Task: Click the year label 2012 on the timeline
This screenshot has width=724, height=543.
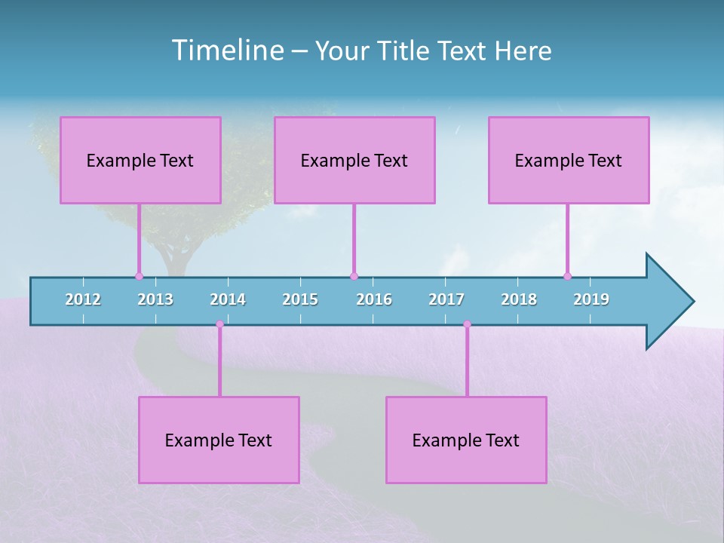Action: coord(83,299)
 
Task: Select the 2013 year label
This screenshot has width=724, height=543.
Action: coord(155,299)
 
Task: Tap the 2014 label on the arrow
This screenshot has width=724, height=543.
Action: coord(228,299)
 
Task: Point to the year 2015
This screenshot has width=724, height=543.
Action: coord(300,299)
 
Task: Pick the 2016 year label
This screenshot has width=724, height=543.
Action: coord(374,299)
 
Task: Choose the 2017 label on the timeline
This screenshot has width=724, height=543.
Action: coord(446,299)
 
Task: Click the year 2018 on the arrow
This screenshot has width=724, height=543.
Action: coord(519,299)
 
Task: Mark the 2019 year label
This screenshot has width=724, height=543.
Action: coord(591,299)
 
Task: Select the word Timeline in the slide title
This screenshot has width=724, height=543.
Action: coord(226,51)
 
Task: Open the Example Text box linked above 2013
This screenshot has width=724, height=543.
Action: coord(140,160)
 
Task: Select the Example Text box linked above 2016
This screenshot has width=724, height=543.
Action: coord(354,160)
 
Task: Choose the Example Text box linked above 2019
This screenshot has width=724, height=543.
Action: coord(569,160)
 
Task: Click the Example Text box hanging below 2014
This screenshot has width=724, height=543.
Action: coord(219,440)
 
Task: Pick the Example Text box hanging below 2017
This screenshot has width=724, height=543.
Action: coord(466,440)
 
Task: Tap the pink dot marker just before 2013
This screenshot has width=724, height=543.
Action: coord(139,276)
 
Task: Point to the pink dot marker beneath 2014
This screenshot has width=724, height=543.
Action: coord(219,324)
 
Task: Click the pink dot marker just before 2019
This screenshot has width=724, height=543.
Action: coord(567,276)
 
